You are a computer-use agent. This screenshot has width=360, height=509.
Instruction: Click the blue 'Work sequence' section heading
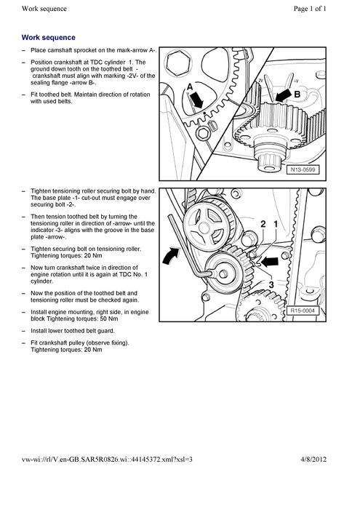49,36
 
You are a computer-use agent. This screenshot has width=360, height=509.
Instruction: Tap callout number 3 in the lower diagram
271,286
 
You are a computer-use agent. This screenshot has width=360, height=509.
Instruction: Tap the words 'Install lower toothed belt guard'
76,330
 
